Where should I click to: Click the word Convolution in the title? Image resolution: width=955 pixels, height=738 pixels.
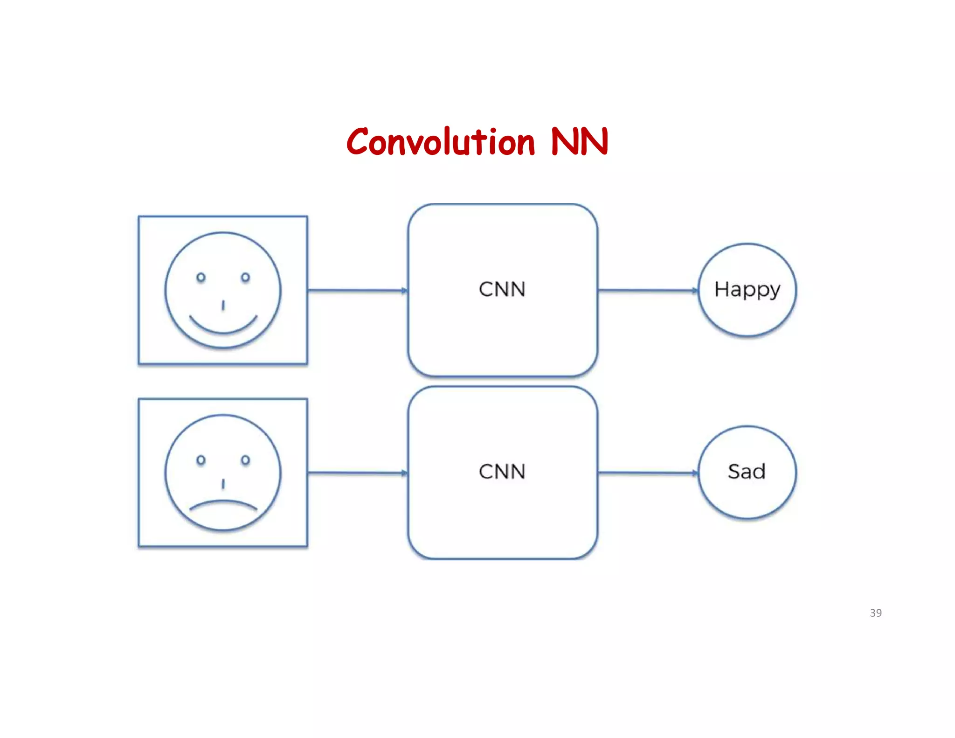pyautogui.click(x=440, y=142)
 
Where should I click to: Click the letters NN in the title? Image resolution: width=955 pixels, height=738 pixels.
pyautogui.click(x=579, y=142)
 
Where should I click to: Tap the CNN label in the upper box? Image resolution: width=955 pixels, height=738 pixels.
pyautogui.click(x=502, y=289)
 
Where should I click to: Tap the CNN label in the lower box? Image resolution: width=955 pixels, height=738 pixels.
pyautogui.click(x=502, y=472)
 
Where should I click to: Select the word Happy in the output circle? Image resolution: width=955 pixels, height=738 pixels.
pyautogui.click(x=747, y=290)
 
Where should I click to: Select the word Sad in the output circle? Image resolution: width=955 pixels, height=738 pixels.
pyautogui.click(x=747, y=472)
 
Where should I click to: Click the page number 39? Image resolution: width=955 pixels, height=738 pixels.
pyautogui.click(x=875, y=613)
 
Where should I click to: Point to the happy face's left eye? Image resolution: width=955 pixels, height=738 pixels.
pyautogui.click(x=201, y=278)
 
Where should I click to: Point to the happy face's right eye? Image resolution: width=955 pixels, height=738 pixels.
pyautogui.click(x=245, y=278)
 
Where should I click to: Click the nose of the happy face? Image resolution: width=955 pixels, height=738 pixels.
pyautogui.click(x=223, y=306)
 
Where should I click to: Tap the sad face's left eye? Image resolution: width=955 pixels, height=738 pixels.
pyautogui.click(x=201, y=460)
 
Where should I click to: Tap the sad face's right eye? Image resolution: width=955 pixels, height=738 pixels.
pyautogui.click(x=245, y=460)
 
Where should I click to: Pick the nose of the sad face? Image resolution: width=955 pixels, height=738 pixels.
pyautogui.click(x=223, y=484)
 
